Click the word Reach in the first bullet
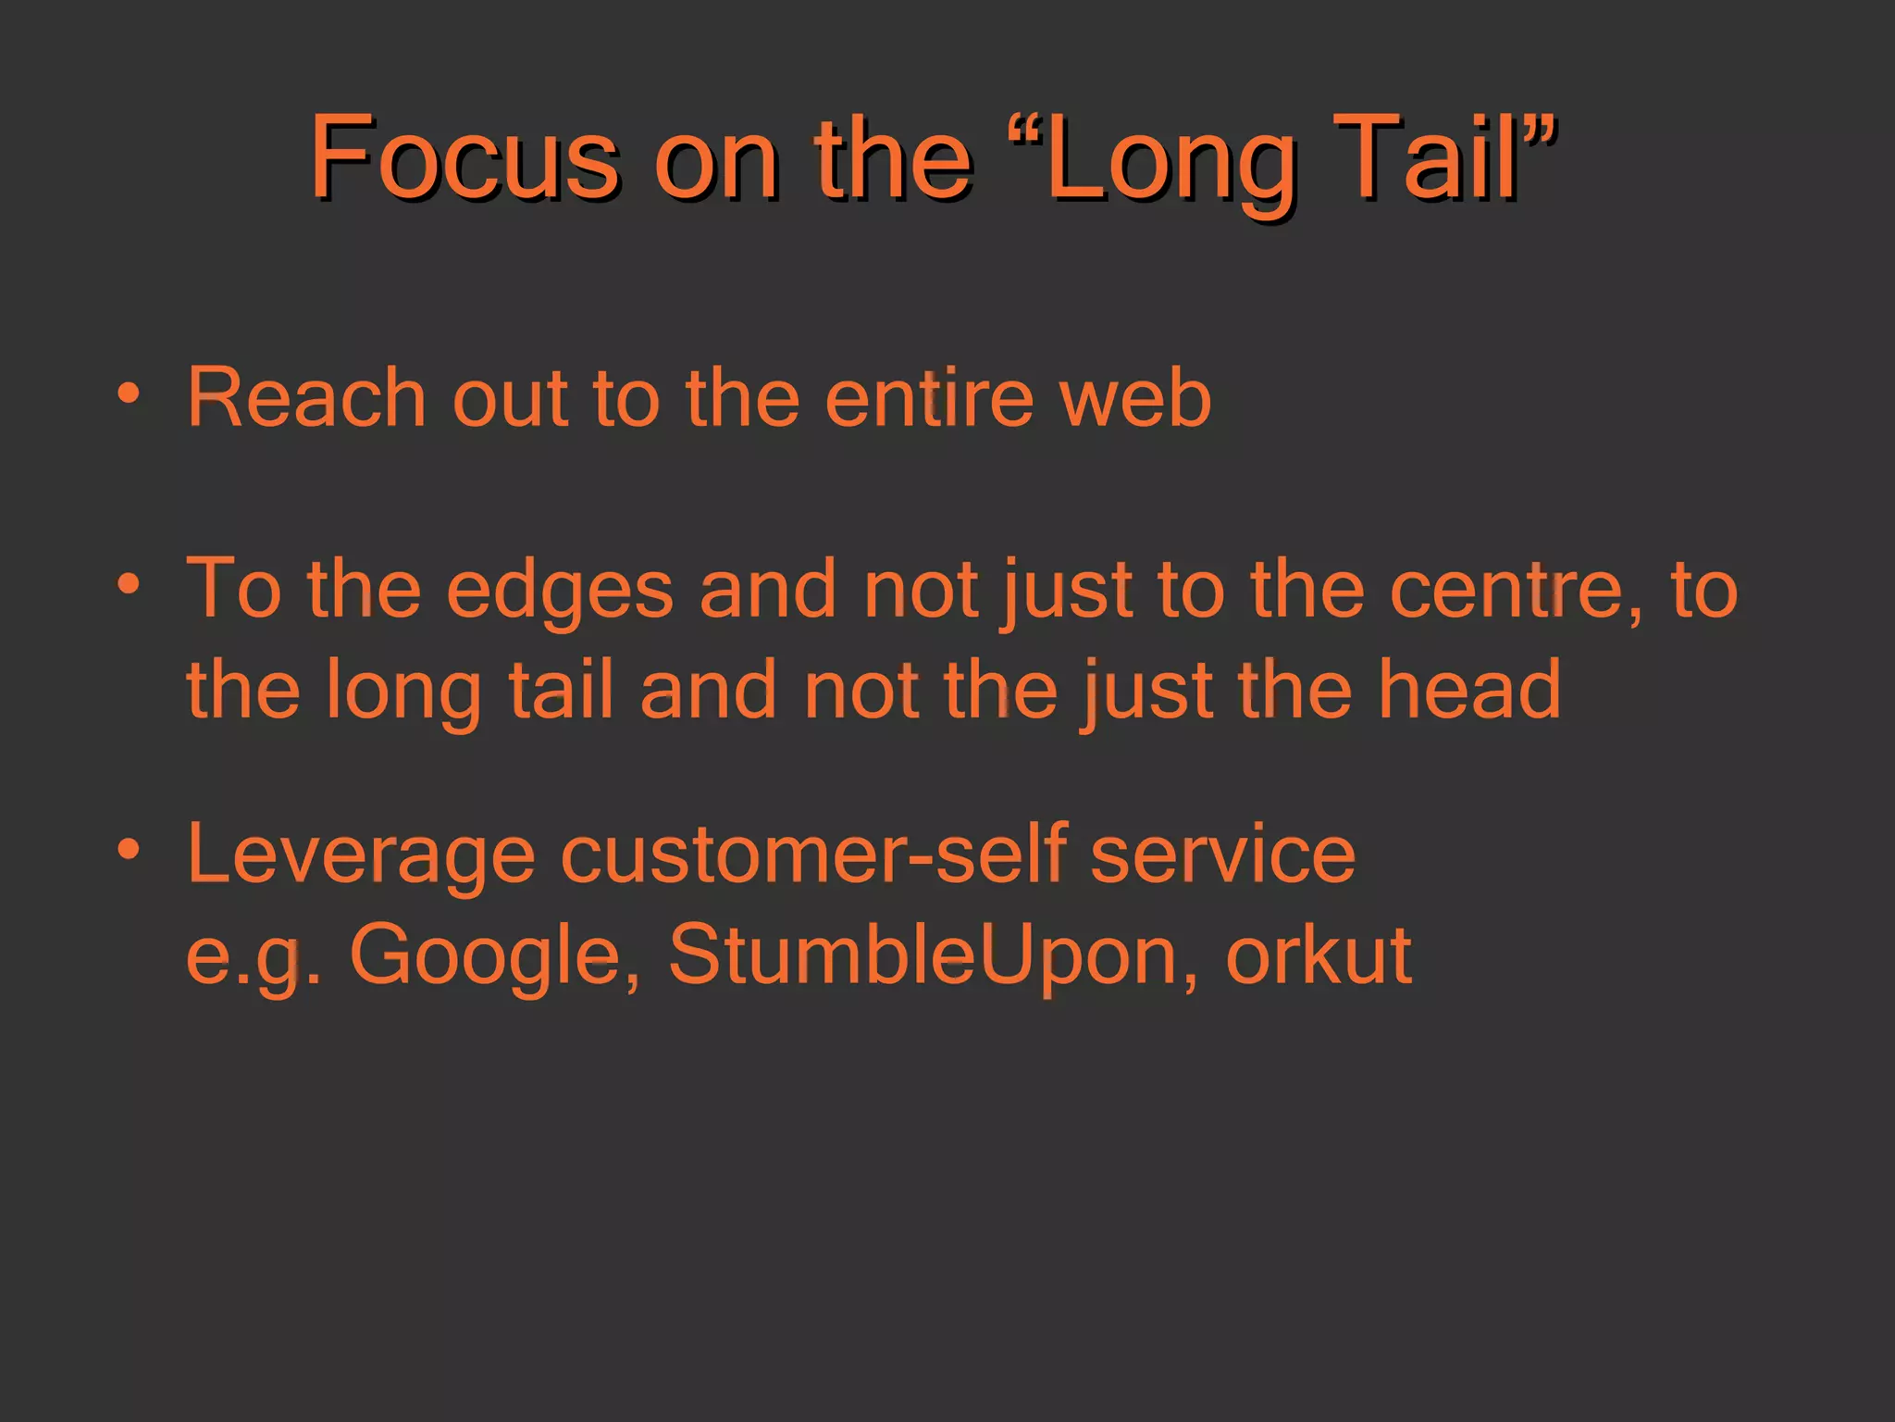click(305, 398)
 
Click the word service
click(1222, 854)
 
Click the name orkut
click(1319, 954)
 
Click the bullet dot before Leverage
click(129, 848)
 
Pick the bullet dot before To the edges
click(129, 584)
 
